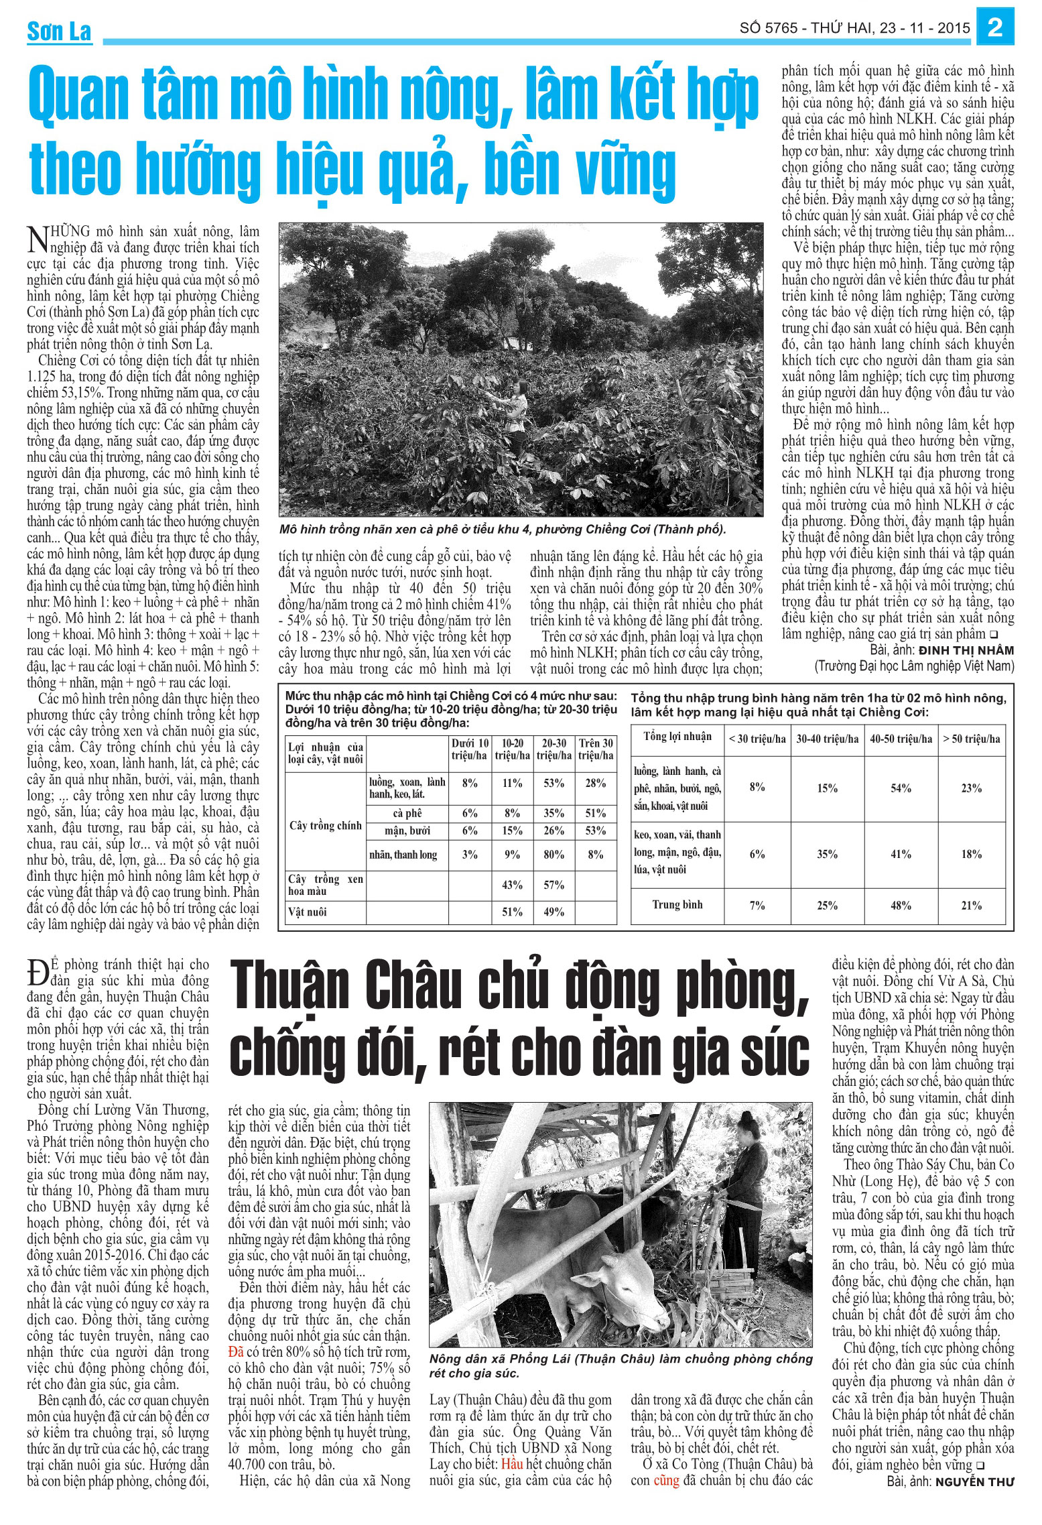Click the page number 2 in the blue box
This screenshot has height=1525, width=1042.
point(995,28)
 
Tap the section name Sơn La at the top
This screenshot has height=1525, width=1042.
point(59,32)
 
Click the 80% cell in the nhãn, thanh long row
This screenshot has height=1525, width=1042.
point(553,855)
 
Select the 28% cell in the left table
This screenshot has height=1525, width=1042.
point(595,783)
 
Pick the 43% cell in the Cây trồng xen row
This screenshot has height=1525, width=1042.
point(512,885)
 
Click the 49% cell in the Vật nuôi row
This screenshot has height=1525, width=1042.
point(553,912)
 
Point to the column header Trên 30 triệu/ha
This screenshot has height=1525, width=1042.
point(596,749)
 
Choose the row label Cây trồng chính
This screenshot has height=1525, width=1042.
point(326,825)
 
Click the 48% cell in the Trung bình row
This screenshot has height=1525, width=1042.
point(901,906)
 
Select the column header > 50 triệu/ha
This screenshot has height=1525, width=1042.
point(971,739)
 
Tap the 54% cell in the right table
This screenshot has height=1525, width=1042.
point(901,788)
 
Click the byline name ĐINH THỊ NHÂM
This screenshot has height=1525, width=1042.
point(966,650)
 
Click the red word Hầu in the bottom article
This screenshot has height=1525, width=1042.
point(512,1464)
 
